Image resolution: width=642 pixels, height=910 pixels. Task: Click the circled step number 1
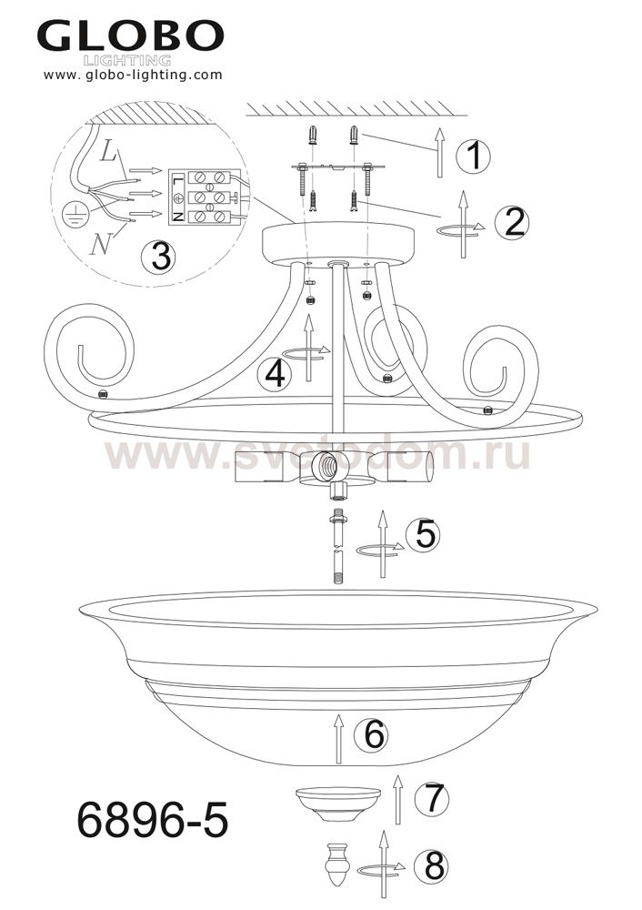coord(473,157)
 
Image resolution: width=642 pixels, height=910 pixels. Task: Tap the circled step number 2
coord(513,222)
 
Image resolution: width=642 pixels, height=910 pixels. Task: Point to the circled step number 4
coord(275,374)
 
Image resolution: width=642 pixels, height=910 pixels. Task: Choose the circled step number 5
coord(424,535)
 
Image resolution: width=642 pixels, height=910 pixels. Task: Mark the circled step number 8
coord(432,866)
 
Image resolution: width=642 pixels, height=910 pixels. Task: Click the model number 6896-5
coord(153,820)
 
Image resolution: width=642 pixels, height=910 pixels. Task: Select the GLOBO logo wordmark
coord(131,36)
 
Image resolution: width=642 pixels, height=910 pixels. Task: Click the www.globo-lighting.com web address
coord(133,75)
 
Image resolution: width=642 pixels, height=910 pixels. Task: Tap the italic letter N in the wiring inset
coord(100,246)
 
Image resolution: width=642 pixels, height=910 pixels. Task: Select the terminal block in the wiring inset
coord(204,197)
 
